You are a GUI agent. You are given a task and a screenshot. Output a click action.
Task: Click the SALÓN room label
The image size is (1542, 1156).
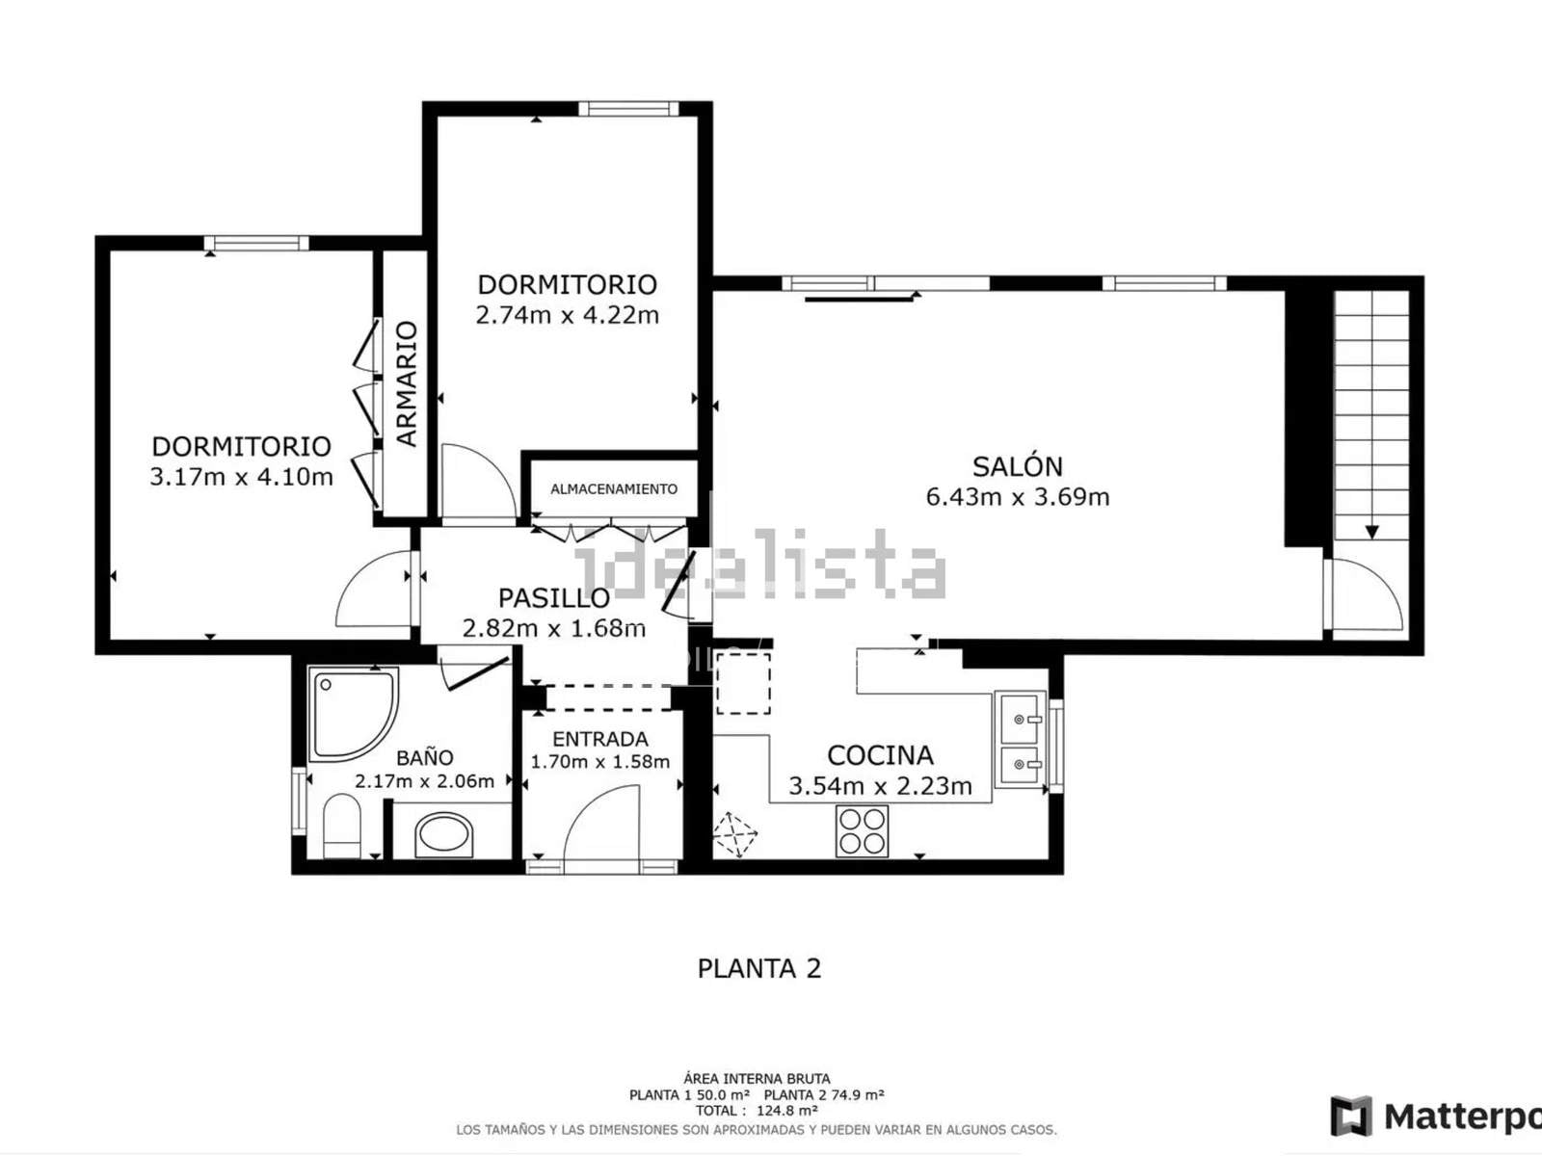[1017, 467]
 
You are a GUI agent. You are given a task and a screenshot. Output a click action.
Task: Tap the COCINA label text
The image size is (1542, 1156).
[880, 756]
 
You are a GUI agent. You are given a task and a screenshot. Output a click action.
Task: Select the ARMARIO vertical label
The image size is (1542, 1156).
[407, 384]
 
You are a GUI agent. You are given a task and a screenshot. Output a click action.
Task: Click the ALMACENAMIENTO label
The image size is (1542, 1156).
[614, 489]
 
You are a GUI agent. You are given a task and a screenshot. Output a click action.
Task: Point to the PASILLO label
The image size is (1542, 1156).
[553, 598]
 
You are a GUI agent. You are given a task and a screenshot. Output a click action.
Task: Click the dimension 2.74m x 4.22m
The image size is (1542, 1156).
[568, 316]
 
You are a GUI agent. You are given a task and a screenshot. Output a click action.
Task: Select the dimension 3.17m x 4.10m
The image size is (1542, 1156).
[241, 477]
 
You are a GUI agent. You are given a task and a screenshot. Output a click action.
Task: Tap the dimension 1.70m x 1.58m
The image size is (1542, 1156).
[600, 762]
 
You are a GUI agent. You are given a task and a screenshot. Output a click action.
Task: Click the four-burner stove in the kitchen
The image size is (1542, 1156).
[862, 831]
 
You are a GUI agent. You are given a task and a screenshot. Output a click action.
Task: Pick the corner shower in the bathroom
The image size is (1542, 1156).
[354, 715]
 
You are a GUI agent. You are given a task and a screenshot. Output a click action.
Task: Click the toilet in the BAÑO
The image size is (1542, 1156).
[342, 827]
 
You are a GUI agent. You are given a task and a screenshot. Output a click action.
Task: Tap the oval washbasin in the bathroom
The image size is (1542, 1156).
[444, 835]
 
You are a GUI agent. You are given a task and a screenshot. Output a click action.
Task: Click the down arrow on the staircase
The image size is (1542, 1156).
[1372, 532]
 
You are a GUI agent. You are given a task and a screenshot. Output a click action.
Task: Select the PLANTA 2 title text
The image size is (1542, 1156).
[759, 968]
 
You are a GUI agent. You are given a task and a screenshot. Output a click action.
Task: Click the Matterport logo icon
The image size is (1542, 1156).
[1351, 1116]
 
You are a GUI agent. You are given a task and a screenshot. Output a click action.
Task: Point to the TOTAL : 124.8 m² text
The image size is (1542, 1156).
[757, 1111]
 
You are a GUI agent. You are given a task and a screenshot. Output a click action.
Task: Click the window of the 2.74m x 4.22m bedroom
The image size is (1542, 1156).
[628, 109]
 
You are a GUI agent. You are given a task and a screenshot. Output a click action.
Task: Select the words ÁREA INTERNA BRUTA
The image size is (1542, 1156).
[757, 1078]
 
